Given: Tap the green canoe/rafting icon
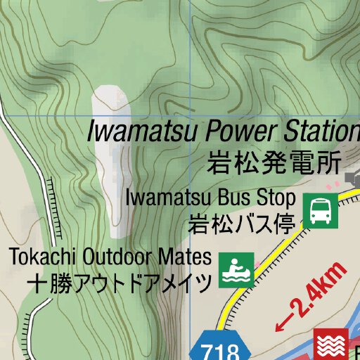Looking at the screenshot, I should coord(235,271).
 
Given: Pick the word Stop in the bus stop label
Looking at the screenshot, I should coord(270,198).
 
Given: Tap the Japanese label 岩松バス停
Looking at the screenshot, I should coord(240,224).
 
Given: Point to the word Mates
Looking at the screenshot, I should coord(186,256).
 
